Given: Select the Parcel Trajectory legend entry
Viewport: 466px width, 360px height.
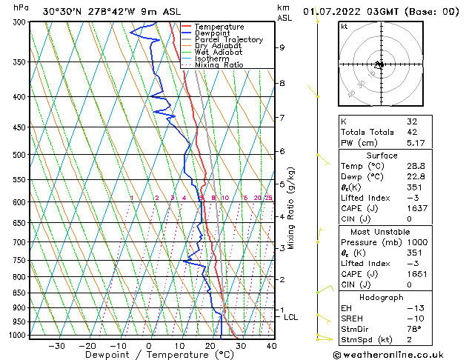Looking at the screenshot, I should (x=228, y=40).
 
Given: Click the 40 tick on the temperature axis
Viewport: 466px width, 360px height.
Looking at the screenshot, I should (x=271, y=345).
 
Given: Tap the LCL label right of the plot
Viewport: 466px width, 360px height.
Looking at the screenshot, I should (x=291, y=317).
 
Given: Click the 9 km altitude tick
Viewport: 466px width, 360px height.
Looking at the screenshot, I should (x=282, y=47).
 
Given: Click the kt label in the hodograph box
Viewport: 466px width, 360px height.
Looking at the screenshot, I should (x=344, y=26).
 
